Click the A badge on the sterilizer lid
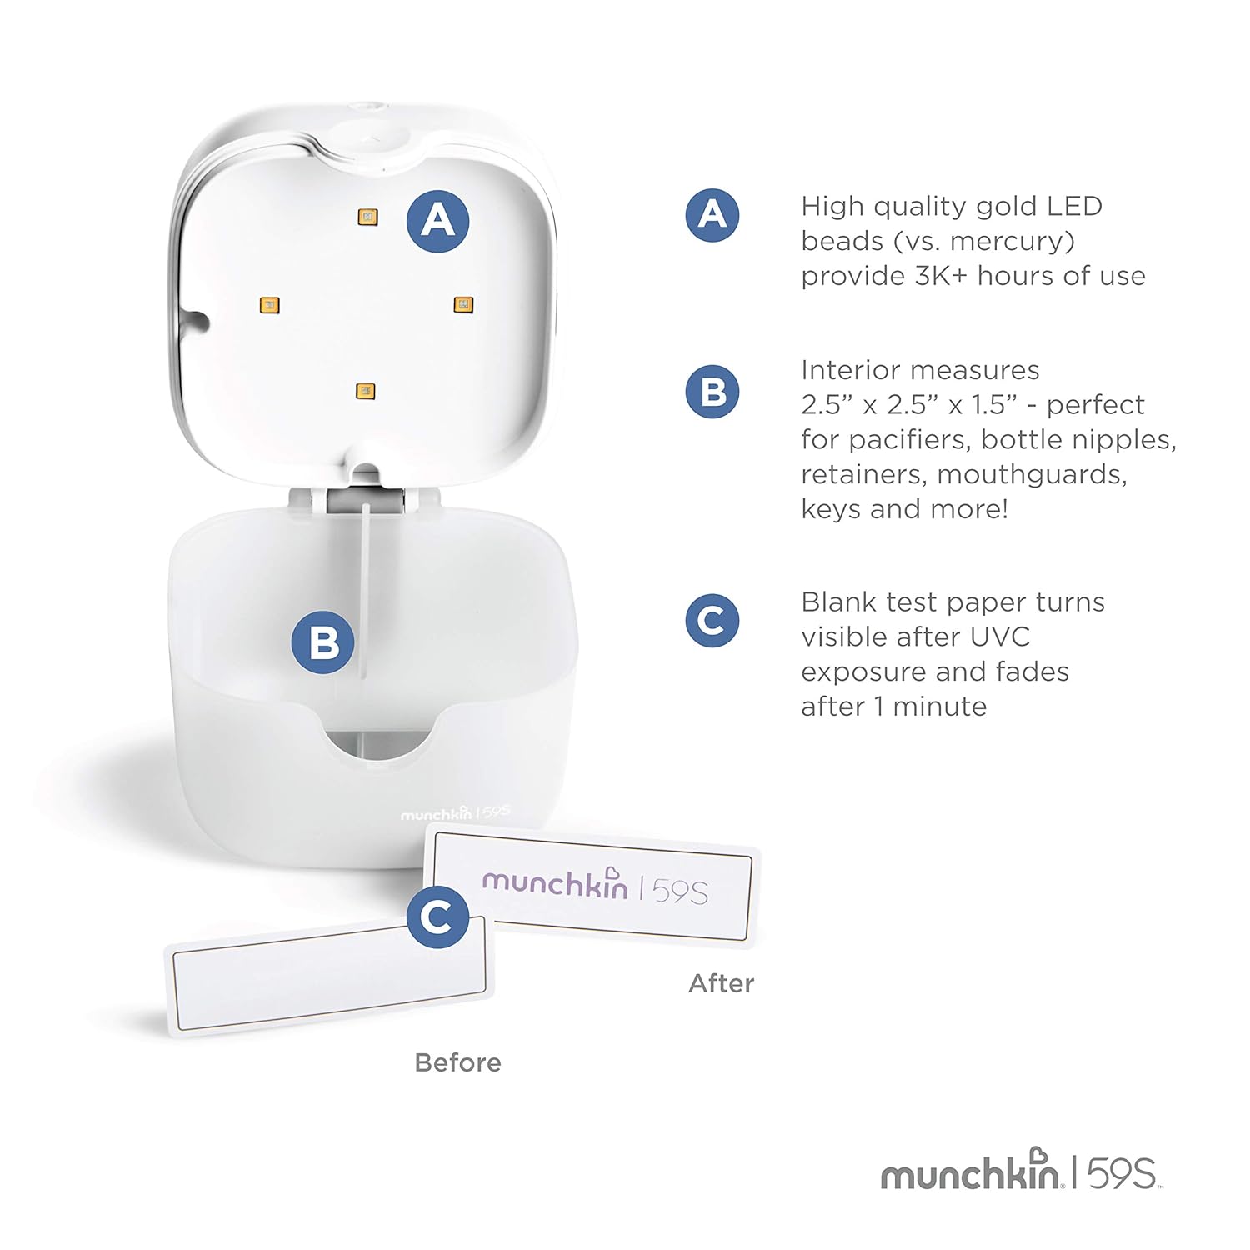(437, 221)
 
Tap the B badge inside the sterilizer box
(323, 642)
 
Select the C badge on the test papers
(437, 917)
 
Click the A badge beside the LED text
(712, 215)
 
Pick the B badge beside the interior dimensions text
(712, 392)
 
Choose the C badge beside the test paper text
(712, 621)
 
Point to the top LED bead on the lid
(367, 217)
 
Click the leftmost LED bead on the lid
(269, 305)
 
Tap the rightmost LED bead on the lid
(463, 305)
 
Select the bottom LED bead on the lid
(365, 391)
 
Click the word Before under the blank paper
(457, 1062)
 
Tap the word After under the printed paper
(721, 983)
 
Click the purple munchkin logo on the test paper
(555, 882)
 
